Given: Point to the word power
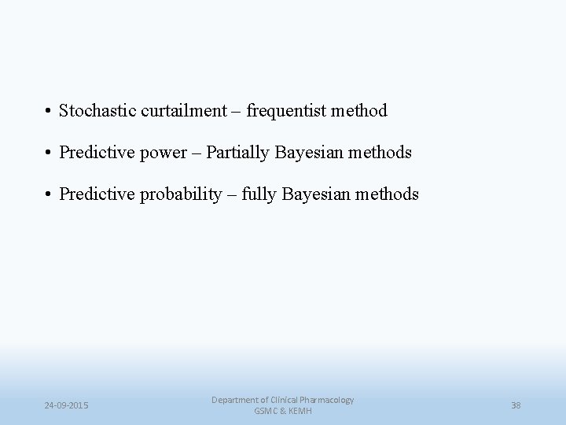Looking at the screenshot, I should pos(160,153).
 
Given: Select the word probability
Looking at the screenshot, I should pos(182,194).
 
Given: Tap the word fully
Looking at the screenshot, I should pos(261,194).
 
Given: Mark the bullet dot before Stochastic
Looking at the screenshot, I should pos(49,112).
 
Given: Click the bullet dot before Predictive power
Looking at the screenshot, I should pos(49,153).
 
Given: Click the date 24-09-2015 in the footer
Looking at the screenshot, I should pos(66,405).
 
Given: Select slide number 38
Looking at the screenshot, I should pos(516,405).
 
